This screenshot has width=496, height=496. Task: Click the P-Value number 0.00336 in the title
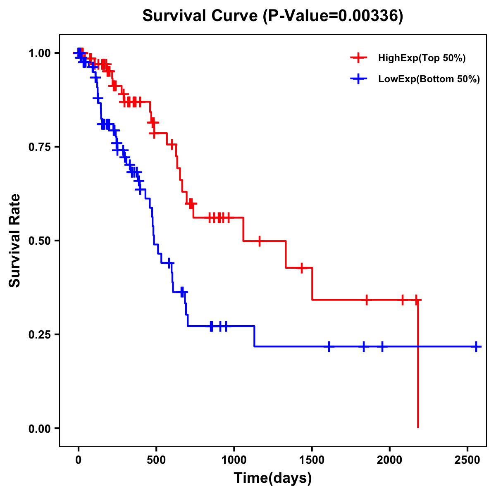(x=369, y=16)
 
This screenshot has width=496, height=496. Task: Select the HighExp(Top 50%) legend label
(x=422, y=58)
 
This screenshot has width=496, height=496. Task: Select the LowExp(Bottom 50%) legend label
(x=429, y=79)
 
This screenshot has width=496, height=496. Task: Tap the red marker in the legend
(x=358, y=58)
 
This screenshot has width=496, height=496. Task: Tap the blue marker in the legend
(x=358, y=79)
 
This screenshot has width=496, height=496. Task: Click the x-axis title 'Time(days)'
(x=273, y=478)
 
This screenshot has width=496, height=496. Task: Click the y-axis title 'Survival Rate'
(x=15, y=240)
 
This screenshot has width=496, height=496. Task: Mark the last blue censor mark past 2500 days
(x=476, y=346)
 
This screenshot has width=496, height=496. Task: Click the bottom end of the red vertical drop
(x=418, y=427)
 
